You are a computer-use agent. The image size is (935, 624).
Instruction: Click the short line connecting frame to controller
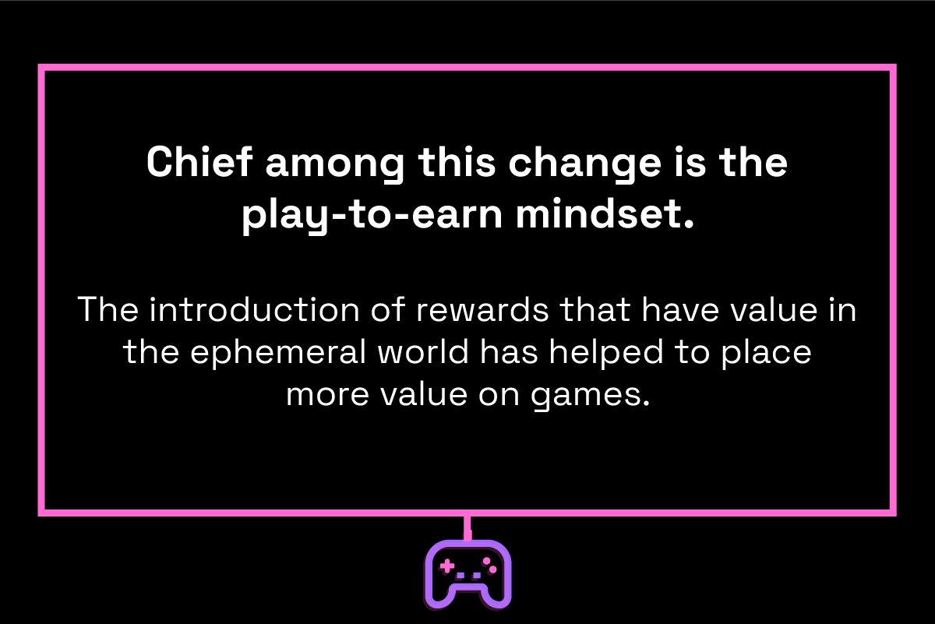(x=467, y=527)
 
